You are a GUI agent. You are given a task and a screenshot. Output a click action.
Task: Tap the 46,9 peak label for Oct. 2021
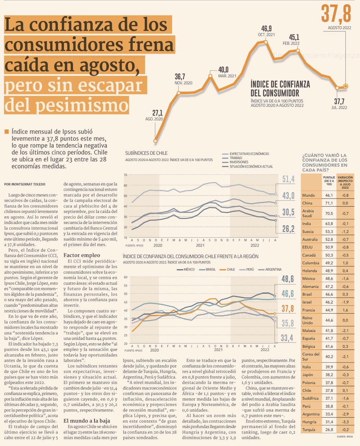266,29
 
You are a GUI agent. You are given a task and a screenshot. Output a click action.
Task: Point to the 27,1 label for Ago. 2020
157,113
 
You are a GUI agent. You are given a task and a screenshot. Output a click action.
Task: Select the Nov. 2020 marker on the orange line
179,93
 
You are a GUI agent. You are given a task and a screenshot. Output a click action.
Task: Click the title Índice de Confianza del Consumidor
280,89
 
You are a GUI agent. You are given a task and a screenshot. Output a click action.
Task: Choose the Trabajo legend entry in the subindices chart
236,158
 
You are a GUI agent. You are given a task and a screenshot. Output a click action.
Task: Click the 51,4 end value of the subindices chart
288,179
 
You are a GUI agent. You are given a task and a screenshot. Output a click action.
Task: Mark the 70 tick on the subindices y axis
125,175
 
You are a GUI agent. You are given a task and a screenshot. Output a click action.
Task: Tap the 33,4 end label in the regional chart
287,338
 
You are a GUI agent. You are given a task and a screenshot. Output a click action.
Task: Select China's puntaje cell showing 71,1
329,203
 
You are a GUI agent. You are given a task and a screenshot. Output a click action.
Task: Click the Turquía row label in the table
309,429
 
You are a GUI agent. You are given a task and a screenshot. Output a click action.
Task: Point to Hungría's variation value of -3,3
345,422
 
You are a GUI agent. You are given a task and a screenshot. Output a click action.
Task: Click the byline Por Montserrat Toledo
25,184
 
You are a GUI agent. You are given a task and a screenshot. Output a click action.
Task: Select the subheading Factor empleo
82,255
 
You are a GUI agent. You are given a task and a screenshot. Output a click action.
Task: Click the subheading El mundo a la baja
87,420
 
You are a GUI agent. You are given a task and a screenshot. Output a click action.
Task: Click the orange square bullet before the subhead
6,132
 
